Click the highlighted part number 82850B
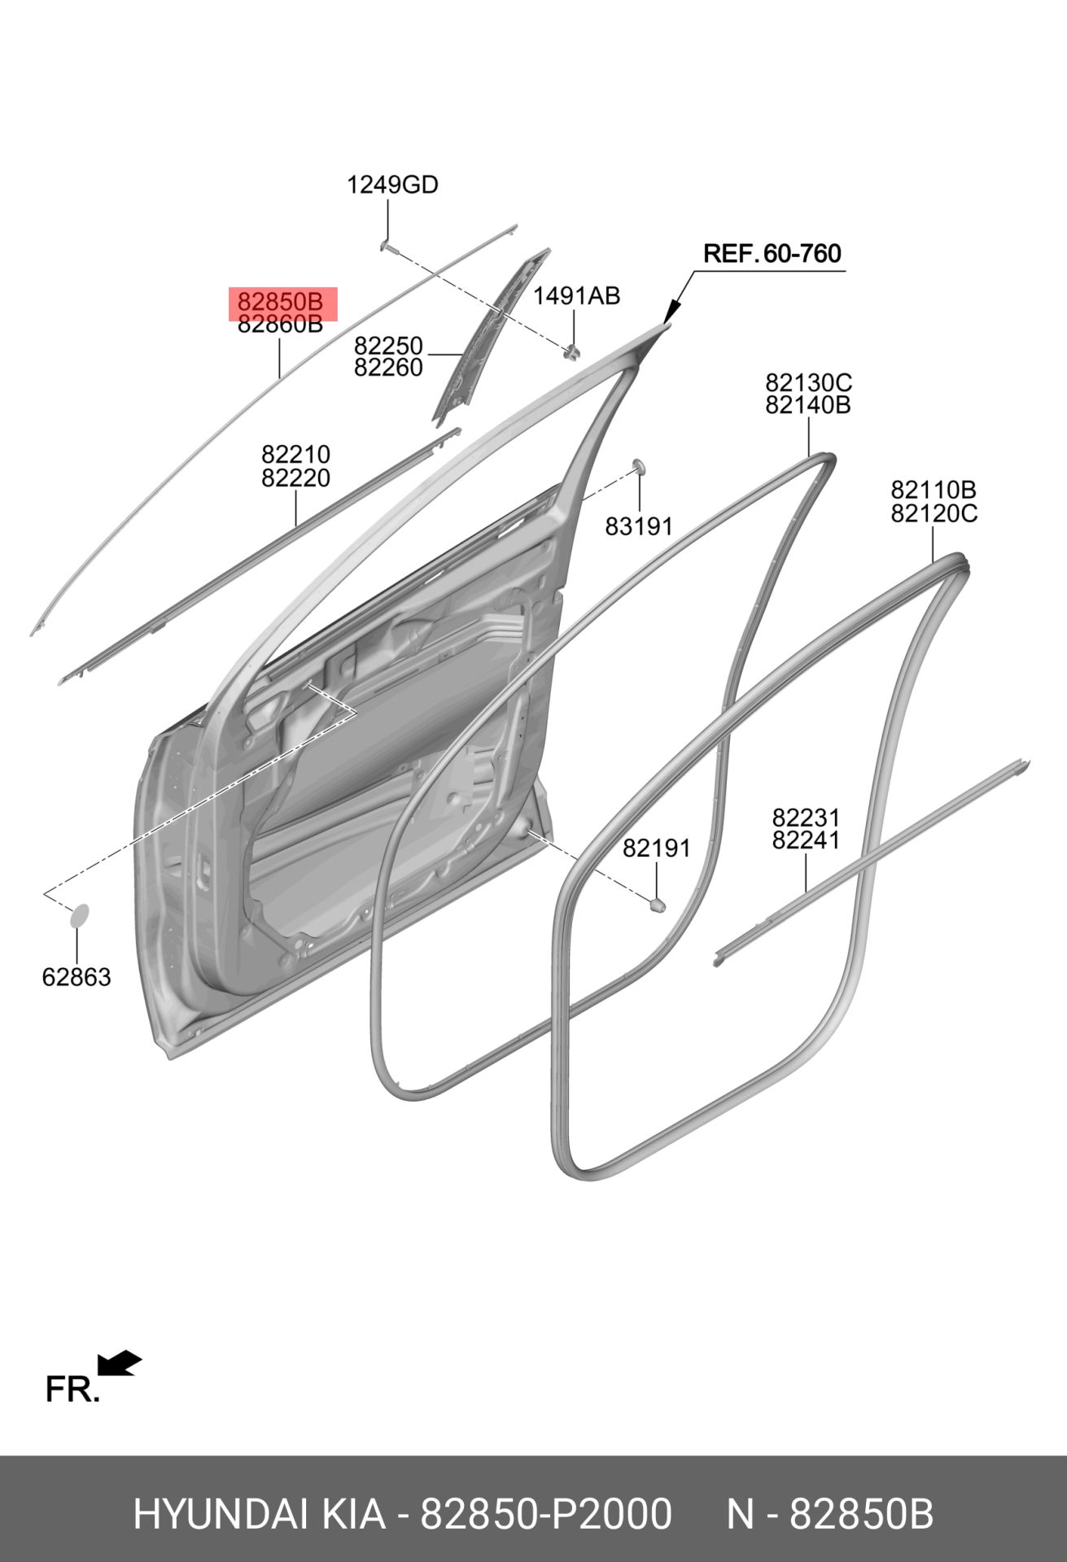tap(281, 302)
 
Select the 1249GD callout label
tap(392, 185)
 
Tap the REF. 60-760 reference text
tap(772, 254)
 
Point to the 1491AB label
tap(576, 296)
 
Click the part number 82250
tap(388, 346)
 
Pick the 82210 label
tap(295, 454)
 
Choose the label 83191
tap(639, 527)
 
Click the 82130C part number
tap(808, 382)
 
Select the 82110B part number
tap(934, 490)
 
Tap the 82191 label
tap(656, 849)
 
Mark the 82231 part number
tap(806, 818)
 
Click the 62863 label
tap(77, 977)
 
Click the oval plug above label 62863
tap(79, 915)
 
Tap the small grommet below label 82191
tap(657, 904)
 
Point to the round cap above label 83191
tap(639, 466)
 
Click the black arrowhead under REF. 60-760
tap(671, 312)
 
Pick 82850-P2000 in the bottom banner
tap(546, 1515)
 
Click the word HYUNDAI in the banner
tap(220, 1515)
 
